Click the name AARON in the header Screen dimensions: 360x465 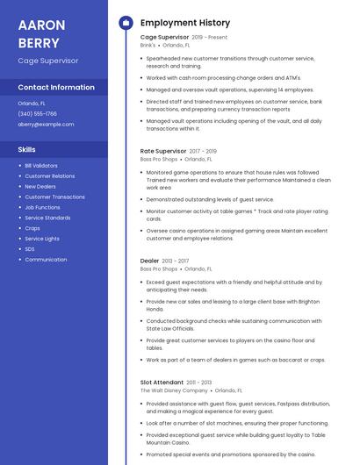40,24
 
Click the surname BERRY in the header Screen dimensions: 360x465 39,43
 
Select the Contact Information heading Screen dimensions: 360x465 56,88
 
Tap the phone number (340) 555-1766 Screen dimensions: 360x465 37,113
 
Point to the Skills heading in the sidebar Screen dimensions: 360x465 27,149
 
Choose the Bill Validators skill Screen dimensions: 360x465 41,165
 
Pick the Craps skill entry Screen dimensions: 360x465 32,228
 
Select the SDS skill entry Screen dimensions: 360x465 30,249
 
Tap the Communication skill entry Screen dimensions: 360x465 46,260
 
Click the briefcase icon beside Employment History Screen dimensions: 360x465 126,23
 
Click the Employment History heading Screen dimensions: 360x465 185,23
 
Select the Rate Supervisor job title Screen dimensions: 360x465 163,151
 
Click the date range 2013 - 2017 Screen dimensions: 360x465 176,261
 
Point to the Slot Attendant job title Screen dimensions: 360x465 162,382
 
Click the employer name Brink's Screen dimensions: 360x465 148,45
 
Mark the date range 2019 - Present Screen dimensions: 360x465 209,37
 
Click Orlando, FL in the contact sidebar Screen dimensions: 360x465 32,103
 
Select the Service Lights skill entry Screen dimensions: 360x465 42,239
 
